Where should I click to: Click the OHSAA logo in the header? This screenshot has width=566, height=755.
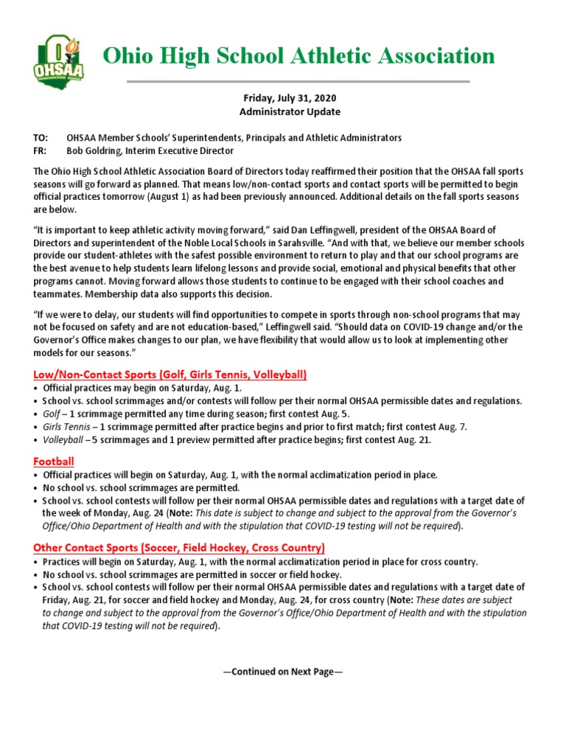[59, 59]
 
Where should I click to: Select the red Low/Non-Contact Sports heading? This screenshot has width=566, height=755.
[170, 375]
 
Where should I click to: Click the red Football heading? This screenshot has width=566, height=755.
[54, 462]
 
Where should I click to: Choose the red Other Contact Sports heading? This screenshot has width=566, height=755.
[178, 548]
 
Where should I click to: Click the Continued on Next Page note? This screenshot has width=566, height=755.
[282, 672]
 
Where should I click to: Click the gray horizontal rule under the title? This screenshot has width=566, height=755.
[298, 81]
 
